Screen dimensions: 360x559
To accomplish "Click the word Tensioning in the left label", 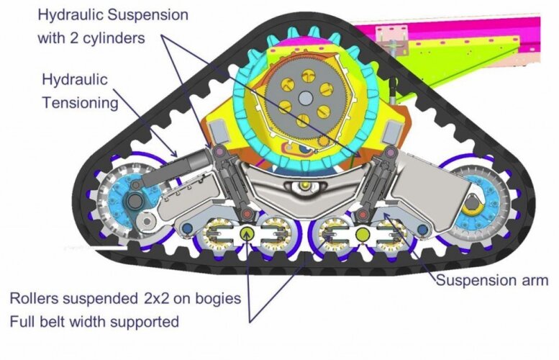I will pyautogui.click(x=80, y=103).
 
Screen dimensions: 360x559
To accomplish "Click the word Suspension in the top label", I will pyautogui.click(x=146, y=14).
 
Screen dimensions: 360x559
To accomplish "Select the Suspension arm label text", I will pyautogui.click(x=493, y=280).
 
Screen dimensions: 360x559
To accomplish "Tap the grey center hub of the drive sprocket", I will pyautogui.click(x=306, y=99).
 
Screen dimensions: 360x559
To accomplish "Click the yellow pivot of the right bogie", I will pyautogui.click(x=361, y=233).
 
